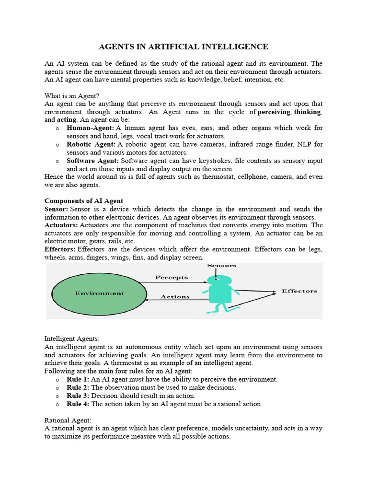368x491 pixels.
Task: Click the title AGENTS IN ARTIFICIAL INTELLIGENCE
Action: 184,47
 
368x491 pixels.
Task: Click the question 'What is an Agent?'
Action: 72,96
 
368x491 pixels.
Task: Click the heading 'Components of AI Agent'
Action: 84,201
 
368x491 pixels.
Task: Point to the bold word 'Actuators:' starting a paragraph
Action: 61,225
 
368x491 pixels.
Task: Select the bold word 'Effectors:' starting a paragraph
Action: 60,249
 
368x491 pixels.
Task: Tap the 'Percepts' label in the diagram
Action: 172,278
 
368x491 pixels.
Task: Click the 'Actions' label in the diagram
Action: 175,297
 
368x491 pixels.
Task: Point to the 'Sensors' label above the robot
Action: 221,266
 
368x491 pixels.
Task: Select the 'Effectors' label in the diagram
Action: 299,291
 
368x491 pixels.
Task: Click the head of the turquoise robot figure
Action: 219,280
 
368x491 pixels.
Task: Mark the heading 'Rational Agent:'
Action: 68,420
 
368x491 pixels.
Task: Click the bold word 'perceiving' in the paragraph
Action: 274,112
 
